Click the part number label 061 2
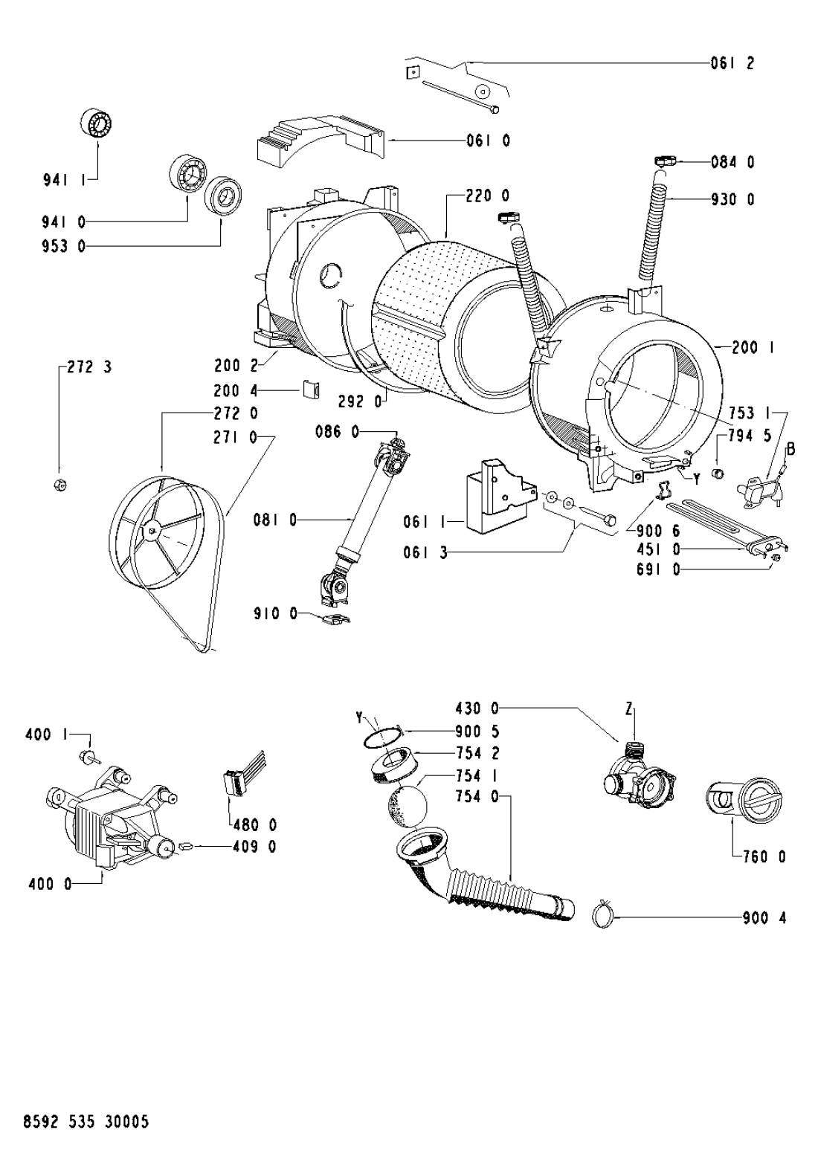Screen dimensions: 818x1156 [732, 63]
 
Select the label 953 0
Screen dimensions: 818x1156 [63, 246]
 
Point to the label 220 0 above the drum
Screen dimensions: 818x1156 [487, 196]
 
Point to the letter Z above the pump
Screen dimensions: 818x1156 [628, 711]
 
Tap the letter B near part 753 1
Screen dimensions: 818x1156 [790, 449]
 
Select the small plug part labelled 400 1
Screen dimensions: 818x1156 [86, 757]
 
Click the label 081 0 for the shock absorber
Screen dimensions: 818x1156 [275, 520]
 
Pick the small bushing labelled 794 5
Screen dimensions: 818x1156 [718, 474]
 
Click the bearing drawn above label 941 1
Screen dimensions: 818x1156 [97, 124]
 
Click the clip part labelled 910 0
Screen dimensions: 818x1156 [335, 620]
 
